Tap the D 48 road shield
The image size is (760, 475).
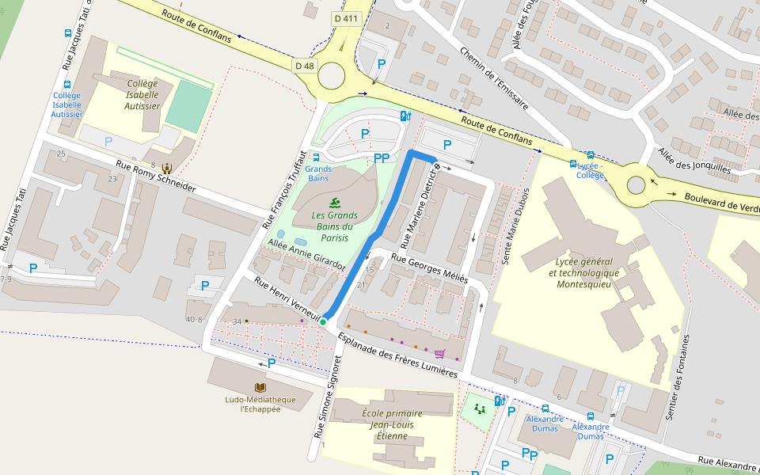pyautogui.click(x=305, y=66)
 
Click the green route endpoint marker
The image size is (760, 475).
pyautogui.click(x=323, y=321)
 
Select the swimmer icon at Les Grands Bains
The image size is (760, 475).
pyautogui.click(x=334, y=202)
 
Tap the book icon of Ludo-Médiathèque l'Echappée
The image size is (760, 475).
pyautogui.click(x=260, y=387)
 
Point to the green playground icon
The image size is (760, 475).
pyautogui.click(x=479, y=408)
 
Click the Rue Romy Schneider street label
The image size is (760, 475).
pyautogui.click(x=155, y=177)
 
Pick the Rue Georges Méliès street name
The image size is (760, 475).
pyautogui.click(x=429, y=269)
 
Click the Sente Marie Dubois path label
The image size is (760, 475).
pyautogui.click(x=515, y=226)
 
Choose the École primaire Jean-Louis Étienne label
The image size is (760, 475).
pyautogui.click(x=391, y=424)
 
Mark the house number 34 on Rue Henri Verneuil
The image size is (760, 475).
pyautogui.click(x=237, y=321)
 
